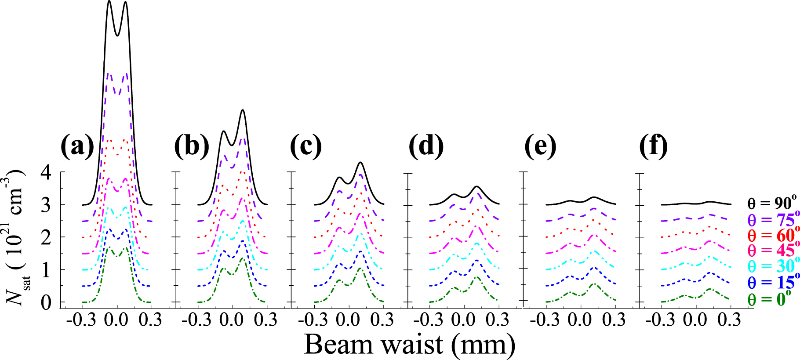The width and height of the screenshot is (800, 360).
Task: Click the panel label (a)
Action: pos(77,146)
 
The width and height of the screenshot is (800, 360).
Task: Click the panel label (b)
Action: pos(192,146)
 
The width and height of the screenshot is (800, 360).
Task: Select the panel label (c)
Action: pos(306,146)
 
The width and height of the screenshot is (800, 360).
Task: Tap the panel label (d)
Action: pos(426,146)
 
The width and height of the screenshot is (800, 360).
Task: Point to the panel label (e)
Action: pos(540,146)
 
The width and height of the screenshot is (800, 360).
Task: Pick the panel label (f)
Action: pos(653,146)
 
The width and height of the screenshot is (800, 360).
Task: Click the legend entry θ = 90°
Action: pos(772,203)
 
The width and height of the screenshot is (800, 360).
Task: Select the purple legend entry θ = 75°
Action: pos(772,219)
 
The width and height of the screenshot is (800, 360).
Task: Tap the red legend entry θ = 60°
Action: pos(772,235)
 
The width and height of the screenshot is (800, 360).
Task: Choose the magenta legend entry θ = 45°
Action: pos(772,251)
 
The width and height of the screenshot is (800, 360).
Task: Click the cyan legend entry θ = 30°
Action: pos(772,266)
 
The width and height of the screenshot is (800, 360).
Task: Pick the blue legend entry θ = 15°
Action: pos(772,282)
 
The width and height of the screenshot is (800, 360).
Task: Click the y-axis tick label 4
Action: pos(46,172)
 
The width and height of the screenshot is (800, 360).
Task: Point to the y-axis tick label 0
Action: pos(46,303)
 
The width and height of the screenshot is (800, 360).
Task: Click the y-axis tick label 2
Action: pos(46,238)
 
